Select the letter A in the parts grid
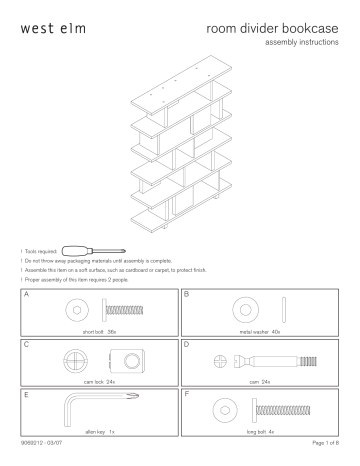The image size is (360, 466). pos(25,296)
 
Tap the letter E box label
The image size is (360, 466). pos(25,396)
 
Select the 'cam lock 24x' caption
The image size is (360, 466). pos(98,381)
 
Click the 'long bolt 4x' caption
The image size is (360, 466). pos(261,431)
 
